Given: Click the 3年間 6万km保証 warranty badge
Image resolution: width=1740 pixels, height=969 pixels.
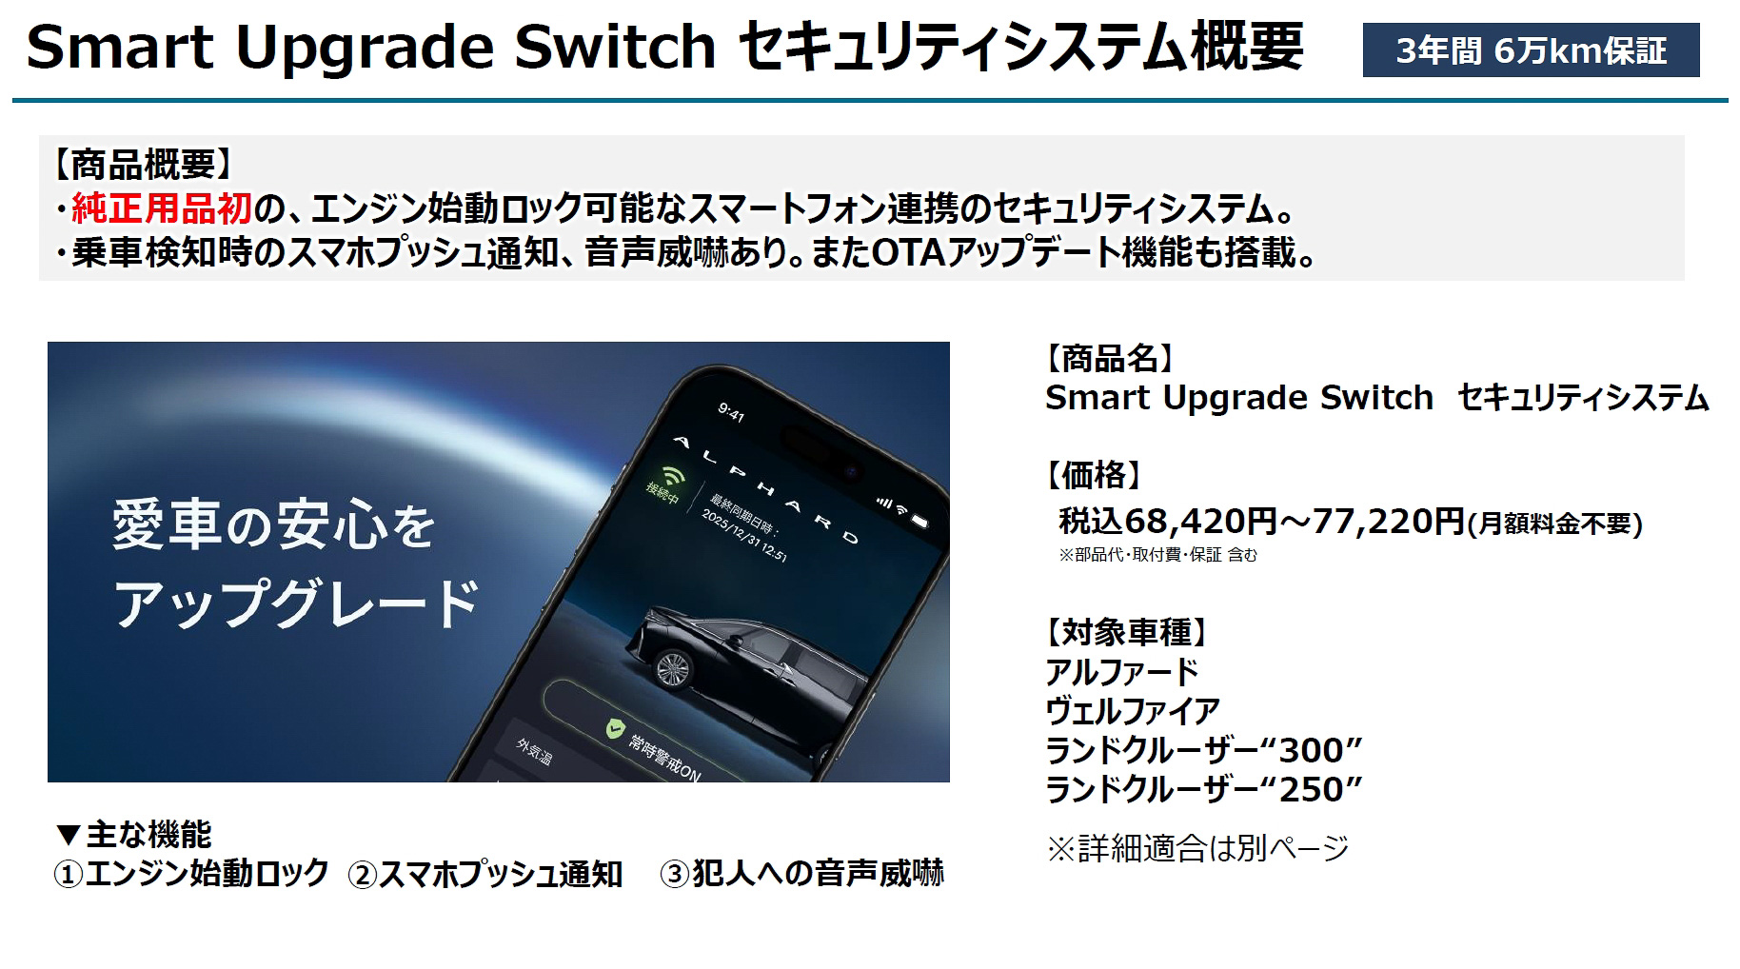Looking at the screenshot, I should (1531, 50).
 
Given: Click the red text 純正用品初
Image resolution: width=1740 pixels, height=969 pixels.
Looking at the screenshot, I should (161, 208).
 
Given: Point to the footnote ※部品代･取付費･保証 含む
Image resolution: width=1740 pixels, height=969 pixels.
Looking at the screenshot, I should (1157, 555).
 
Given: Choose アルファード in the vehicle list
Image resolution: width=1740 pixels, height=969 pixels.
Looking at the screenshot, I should (1121, 672).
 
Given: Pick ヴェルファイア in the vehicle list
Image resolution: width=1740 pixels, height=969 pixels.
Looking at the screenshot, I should (1132, 711).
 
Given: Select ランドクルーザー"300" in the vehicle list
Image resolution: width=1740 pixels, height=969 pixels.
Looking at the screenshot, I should (1203, 751).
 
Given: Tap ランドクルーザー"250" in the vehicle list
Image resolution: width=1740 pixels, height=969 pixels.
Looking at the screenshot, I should (1203, 790).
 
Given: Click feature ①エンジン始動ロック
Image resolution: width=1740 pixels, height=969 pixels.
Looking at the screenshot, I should (191, 874).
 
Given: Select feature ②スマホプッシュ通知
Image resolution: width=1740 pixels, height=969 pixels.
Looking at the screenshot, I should (485, 874).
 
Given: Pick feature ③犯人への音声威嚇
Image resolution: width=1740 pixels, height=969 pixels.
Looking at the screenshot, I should (801, 874).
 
